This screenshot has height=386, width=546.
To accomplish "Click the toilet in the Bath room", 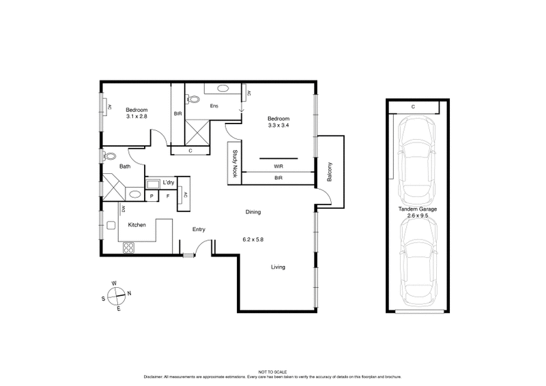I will pyautogui.click(x=110, y=155).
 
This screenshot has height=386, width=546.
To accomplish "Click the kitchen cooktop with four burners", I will pyautogui.click(x=128, y=249).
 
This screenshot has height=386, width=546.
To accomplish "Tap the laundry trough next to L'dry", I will pyautogui.click(x=154, y=183).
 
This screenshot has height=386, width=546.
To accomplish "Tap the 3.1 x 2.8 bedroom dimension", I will pyautogui.click(x=136, y=117).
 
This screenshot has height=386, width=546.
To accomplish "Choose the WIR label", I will pyautogui.click(x=278, y=166).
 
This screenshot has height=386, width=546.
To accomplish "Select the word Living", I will pyautogui.click(x=278, y=267).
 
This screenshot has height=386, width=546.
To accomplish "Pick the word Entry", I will pyautogui.click(x=199, y=229).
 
